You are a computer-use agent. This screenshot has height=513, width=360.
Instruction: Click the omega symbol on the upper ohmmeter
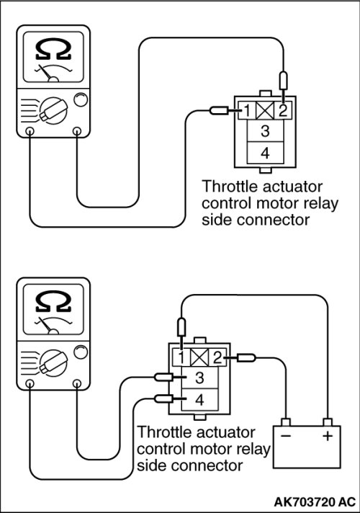(53, 50)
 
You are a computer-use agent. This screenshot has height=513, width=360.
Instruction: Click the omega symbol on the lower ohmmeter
(53, 302)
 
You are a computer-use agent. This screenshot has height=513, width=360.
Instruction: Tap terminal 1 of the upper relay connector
(247, 110)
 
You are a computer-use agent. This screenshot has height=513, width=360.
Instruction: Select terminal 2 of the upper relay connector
(282, 110)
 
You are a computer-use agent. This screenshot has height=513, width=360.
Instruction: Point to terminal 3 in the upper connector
(265, 131)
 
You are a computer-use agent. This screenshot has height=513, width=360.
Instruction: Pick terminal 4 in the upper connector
(265, 153)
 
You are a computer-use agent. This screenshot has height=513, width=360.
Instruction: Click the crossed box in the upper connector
(265, 111)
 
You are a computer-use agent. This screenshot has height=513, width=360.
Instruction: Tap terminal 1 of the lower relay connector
(181, 357)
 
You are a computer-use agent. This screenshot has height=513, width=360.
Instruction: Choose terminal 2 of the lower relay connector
(217, 357)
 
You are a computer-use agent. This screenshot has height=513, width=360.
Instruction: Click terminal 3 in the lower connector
(199, 378)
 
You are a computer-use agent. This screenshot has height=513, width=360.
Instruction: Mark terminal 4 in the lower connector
(199, 399)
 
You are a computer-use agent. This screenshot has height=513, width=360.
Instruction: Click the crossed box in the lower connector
(199, 357)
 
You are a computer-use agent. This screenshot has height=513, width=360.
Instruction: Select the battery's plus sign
(328, 436)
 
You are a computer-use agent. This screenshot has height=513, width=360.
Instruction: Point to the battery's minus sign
(286, 436)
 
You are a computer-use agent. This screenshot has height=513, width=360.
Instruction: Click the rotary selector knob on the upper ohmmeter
(53, 110)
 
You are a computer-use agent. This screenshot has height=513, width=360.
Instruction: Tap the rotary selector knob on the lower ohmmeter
(53, 363)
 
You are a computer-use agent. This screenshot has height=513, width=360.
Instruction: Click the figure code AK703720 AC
(314, 501)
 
